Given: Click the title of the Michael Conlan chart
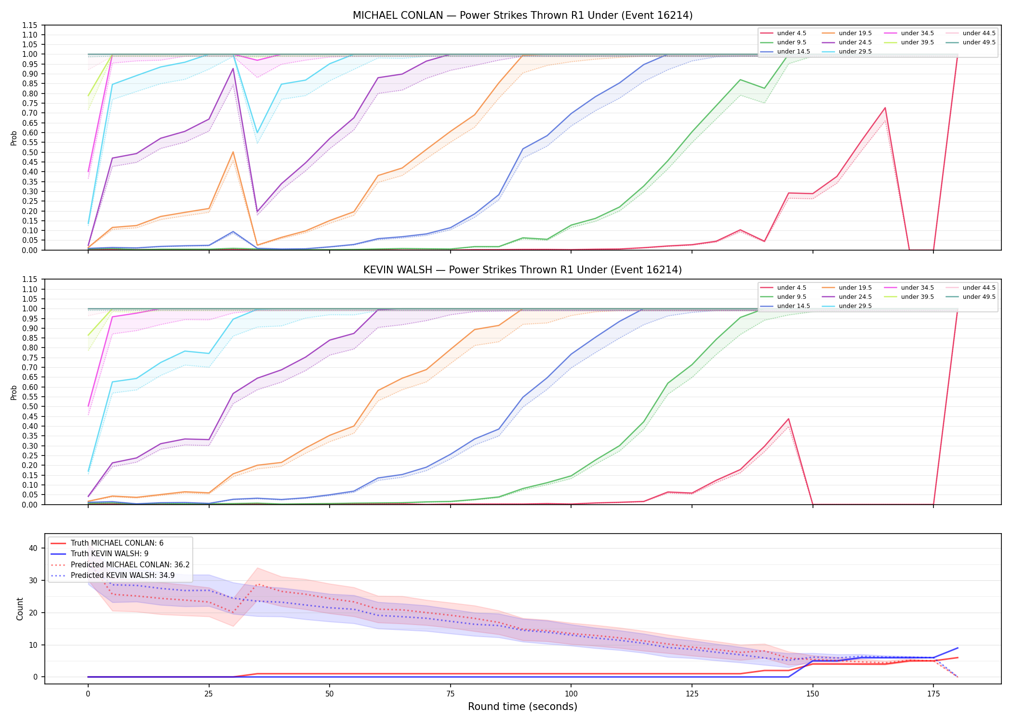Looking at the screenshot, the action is pos(522,15).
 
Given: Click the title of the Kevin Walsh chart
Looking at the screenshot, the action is pos(522,270).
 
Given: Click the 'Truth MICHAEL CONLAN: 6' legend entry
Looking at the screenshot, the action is pos(107,543).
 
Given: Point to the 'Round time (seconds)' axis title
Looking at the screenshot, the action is pos(522,707).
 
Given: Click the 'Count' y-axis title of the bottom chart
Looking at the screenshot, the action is pos(20,609).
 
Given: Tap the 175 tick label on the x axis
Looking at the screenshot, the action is pos(933,694).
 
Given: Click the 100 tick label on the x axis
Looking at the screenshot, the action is pos(571,694).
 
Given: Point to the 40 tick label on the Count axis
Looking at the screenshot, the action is pos(33,548).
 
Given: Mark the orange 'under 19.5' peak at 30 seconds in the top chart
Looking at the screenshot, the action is pos(233,152).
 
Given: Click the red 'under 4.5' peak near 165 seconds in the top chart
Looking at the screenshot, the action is pos(885,108).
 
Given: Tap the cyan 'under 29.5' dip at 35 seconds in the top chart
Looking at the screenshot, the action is pos(257,133).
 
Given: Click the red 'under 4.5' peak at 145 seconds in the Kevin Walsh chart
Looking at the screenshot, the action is pos(788,419).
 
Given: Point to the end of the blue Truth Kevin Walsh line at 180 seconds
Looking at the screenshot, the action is pos(958,648).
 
